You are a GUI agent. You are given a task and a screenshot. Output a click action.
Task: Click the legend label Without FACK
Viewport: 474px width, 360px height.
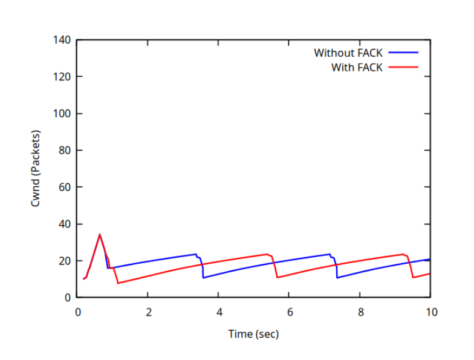tap(347, 53)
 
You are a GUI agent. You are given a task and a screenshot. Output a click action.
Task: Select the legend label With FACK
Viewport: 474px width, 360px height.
tap(356, 67)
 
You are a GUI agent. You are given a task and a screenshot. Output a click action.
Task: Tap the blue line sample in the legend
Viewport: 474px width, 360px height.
tap(403, 53)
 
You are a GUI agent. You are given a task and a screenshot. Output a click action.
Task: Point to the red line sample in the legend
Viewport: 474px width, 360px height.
tap(403, 67)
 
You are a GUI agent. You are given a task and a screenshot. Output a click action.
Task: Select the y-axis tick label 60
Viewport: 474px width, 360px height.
tap(66, 187)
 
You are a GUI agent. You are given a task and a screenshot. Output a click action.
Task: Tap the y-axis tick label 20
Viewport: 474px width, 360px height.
tap(66, 261)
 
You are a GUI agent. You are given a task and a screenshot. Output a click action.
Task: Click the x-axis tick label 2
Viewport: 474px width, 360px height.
tap(148, 312)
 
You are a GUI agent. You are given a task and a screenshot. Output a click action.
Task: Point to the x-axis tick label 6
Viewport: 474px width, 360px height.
tap(290, 312)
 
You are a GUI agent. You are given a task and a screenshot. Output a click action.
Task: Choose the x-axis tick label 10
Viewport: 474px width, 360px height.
tap(430, 312)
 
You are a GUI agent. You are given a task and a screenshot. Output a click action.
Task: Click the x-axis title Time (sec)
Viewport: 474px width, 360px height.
tap(253, 333)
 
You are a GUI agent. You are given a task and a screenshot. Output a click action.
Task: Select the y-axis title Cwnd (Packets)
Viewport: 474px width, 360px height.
tap(36, 168)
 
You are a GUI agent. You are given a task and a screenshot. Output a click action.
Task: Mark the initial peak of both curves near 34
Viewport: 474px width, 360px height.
tap(100, 235)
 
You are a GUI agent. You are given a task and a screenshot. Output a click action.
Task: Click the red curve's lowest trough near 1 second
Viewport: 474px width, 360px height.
tap(118, 283)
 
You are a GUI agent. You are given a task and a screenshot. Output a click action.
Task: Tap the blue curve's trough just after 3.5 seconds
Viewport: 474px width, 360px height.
tap(204, 278)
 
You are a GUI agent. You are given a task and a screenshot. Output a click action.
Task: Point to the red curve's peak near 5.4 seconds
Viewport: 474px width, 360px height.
tap(268, 254)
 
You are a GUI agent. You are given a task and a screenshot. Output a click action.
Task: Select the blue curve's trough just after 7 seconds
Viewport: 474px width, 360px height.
tap(337, 278)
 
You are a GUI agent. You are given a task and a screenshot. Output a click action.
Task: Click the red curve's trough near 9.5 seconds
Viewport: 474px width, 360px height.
tap(413, 277)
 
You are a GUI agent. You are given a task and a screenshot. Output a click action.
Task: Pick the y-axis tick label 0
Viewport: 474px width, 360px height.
tap(68, 298)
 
